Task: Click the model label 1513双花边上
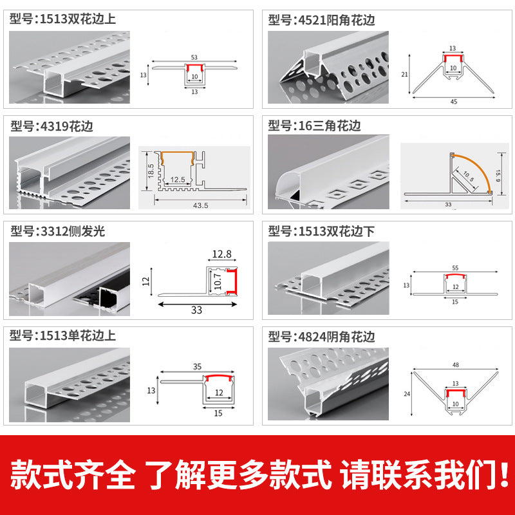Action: point(63,19)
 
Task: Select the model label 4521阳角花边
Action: point(322,20)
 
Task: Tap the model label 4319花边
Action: point(52,126)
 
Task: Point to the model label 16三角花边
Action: point(315,125)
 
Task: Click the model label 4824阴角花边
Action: point(322,337)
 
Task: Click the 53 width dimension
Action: point(194,57)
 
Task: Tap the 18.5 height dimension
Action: point(149,171)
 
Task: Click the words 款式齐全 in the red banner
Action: point(73,475)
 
